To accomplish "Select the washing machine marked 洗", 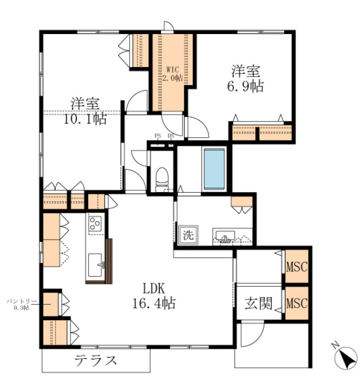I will click(187, 236).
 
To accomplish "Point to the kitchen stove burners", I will click(95, 223).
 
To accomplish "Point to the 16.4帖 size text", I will click(154, 303).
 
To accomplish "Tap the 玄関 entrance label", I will click(258, 304).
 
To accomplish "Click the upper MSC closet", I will click(297, 267).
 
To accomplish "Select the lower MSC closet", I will click(297, 304).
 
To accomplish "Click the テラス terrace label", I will click(95, 360).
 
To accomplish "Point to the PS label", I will click(157, 136).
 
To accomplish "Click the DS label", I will click(170, 136).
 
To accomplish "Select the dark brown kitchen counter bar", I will click(109, 260).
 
